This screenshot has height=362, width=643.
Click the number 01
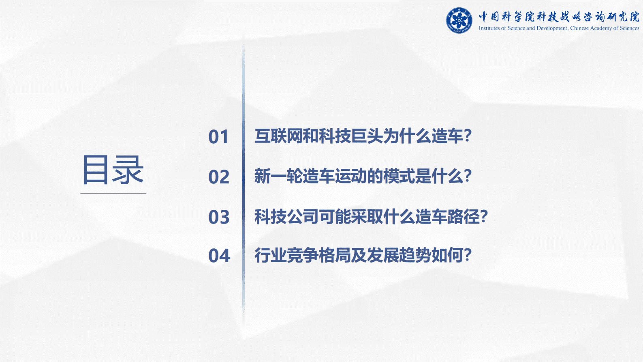(218, 137)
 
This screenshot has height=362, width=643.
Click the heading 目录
(113, 170)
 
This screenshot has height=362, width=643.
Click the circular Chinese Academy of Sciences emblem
(459, 20)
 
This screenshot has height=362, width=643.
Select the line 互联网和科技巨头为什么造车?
(363, 136)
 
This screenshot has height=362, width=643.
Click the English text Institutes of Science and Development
(523, 28)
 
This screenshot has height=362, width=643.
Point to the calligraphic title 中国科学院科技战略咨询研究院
(559, 17)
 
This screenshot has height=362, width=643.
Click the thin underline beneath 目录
(113, 194)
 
